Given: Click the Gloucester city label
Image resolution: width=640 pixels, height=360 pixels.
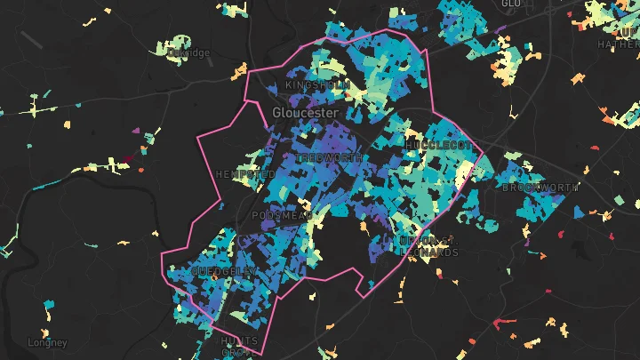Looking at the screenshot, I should click(x=305, y=114).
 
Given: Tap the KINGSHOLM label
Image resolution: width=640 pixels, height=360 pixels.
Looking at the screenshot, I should click(x=314, y=85).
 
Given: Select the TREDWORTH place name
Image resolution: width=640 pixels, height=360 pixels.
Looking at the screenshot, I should click(x=330, y=157).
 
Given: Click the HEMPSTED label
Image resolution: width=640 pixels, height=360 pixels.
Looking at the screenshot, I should click(x=245, y=174).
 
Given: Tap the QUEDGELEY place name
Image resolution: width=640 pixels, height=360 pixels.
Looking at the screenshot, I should click(x=224, y=271).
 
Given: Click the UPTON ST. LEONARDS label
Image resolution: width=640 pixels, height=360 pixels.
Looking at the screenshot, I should click(x=429, y=246).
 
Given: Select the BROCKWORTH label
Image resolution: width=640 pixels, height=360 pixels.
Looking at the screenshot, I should click(x=540, y=188).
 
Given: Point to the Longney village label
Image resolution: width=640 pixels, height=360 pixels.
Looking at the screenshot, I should click(x=47, y=342).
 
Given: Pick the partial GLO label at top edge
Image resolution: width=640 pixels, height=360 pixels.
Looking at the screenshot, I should click(x=510, y=4).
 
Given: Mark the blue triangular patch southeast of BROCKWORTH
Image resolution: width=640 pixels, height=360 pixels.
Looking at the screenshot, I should click(x=579, y=212).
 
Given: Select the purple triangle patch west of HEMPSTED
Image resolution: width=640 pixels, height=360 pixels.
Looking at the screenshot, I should click(x=136, y=132).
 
